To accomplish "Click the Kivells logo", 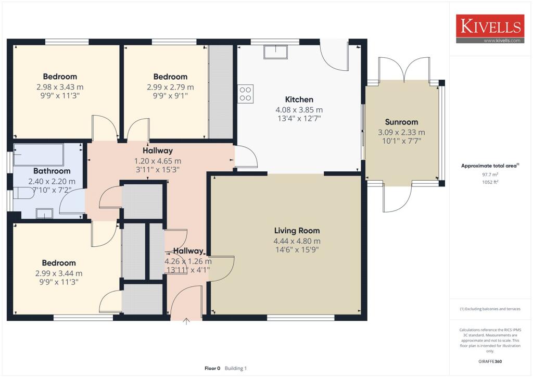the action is point(490,29).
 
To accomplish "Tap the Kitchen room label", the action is point(299,99).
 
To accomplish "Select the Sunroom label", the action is point(401,122).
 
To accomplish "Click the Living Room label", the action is point(297,231).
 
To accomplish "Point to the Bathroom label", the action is point(52,171).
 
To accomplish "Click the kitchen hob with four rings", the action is point(246,94).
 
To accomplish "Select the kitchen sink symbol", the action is point(275,52).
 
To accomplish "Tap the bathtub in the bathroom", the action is point(39,155).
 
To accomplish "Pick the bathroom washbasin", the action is point(44,213).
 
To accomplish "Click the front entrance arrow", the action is point(186,321).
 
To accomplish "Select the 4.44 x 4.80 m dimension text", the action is point(297,241).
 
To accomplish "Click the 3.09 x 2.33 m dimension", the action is point(401,132).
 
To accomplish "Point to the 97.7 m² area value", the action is point(490,174).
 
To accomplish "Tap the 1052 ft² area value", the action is point(490,182).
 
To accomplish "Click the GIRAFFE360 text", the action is point(490,361).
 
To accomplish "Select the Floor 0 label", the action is point(212,368).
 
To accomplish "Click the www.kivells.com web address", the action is point(502,41).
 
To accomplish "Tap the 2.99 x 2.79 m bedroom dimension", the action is point(170,87).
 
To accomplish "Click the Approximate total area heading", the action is point(490,166).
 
